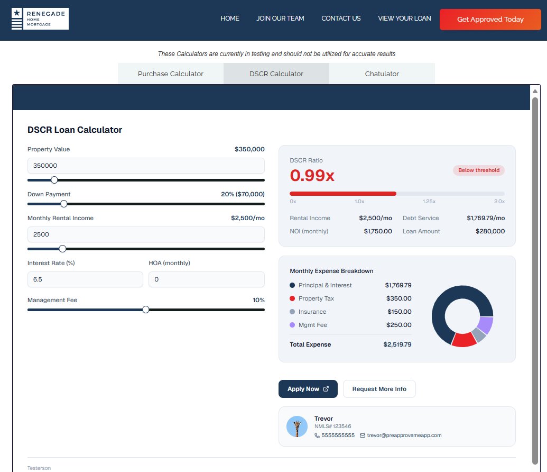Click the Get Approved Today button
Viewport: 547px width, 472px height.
point(490,20)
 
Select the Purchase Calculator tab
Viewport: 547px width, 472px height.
point(171,74)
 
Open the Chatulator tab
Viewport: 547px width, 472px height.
point(382,74)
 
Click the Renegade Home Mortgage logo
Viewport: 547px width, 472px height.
point(40,19)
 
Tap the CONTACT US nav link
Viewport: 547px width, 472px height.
point(341,19)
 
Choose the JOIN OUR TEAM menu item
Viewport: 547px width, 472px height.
point(280,19)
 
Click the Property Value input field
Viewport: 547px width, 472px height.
point(146,166)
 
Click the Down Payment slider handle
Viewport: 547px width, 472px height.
point(64,204)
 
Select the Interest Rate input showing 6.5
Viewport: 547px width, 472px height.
point(85,279)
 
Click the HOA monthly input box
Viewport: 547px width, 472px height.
point(207,279)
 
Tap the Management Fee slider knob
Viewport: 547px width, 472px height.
point(146,310)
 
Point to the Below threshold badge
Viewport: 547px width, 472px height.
point(479,170)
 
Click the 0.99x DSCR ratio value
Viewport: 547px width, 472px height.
point(312,175)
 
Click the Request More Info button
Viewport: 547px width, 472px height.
point(379,389)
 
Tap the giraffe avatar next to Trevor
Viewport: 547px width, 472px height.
point(297,426)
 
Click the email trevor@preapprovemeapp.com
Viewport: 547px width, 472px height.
point(404,435)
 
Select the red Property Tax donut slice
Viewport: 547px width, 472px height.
point(463,340)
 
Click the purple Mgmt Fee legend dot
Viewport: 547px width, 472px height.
point(292,325)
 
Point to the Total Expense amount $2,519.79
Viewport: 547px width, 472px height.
point(397,344)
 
